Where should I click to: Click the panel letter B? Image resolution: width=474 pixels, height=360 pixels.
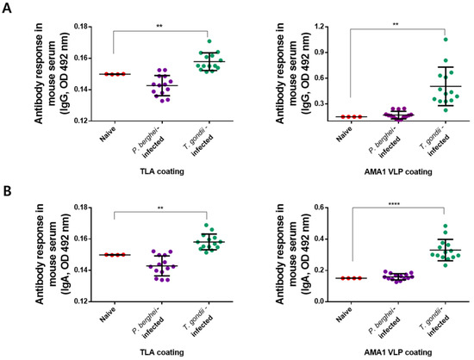click(x=6, y=189)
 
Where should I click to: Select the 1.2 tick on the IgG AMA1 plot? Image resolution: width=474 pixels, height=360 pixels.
click(x=324, y=28)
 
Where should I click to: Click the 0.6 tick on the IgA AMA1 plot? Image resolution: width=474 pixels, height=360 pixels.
click(x=324, y=208)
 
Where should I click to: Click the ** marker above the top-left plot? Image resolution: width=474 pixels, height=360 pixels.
click(x=159, y=26)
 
